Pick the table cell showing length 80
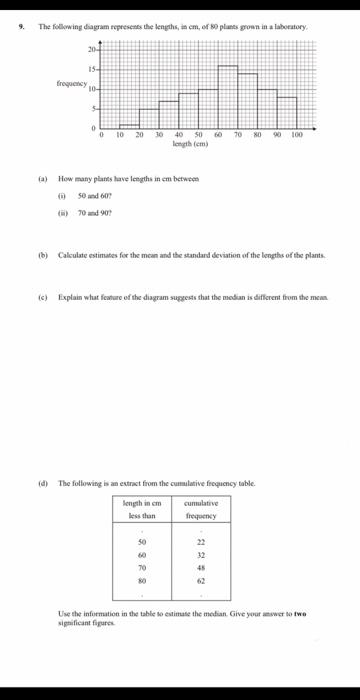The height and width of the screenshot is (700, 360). coord(142,578)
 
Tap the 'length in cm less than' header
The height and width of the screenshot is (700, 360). coord(142,509)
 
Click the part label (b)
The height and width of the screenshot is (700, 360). coord(43,256)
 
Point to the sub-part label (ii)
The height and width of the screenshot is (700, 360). coord(64,212)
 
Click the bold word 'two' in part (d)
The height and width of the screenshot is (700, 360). coord(299,613)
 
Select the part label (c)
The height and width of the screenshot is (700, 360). coord(43,297)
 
